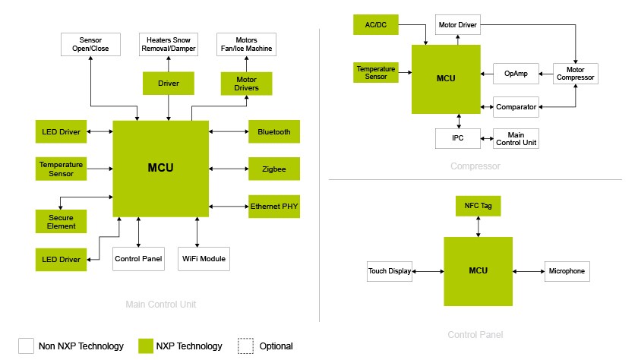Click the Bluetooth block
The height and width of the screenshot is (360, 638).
tap(274, 131)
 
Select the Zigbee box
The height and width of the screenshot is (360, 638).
tap(274, 169)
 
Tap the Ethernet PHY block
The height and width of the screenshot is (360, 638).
tap(274, 207)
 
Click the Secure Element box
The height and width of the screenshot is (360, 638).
tap(62, 221)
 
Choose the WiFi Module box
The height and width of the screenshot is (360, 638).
tap(203, 259)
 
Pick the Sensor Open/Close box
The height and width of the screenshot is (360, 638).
tap(90, 44)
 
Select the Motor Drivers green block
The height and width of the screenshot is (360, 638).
tap(246, 83)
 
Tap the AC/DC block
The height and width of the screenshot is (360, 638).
tap(377, 24)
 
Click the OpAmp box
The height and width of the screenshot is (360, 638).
tap(516, 74)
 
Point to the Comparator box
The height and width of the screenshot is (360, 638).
tap(516, 107)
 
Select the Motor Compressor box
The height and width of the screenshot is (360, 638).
tap(575, 74)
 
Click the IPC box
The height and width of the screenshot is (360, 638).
tap(459, 138)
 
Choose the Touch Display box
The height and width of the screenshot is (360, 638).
tap(390, 271)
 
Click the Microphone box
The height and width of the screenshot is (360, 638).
tap(566, 271)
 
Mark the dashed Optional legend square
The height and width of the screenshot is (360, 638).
tap(245, 346)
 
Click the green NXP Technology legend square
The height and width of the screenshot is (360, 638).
tap(147, 346)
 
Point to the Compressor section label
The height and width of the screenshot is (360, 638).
tap(475, 166)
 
